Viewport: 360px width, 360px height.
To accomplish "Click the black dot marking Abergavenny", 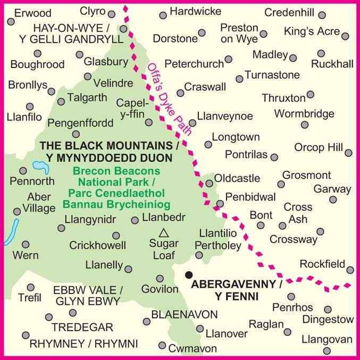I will [188, 275].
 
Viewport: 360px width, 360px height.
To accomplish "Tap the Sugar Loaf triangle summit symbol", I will [164, 232].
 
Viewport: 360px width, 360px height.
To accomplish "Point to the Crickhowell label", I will [98, 245].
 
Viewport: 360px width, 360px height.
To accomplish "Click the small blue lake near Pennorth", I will [40, 169].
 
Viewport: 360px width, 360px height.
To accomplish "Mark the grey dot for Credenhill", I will [337, 13].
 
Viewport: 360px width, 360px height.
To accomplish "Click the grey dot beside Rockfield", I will [349, 269].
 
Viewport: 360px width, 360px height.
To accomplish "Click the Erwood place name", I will [33, 13].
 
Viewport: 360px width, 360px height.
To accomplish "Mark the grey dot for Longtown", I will [208, 144].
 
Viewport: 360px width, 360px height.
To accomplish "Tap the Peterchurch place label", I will [194, 64].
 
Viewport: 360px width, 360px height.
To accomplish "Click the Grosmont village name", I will [307, 175].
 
